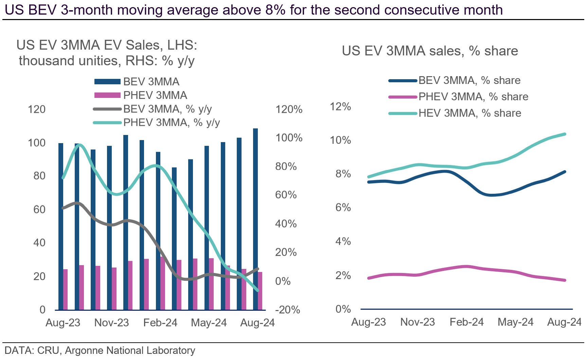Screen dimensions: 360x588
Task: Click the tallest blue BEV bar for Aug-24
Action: pos(255,219)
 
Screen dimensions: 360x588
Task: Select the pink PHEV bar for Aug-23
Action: pos(65,289)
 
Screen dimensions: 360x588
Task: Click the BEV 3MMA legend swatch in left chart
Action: pos(107,82)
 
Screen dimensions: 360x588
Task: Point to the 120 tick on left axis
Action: pos(37,109)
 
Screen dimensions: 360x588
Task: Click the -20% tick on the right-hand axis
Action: pos(287,310)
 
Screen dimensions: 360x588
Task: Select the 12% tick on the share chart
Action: pos(340,107)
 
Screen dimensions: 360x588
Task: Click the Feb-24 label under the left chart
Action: pos(160,322)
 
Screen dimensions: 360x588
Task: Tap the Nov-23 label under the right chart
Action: pos(417,322)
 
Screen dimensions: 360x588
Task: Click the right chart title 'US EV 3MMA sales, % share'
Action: pos(430,51)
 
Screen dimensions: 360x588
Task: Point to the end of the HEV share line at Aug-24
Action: pos(565,134)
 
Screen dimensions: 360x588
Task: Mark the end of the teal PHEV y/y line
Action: pos(258,290)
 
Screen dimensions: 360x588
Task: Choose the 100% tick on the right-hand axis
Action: pos(289,138)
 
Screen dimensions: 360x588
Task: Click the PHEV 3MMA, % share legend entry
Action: pos(473,97)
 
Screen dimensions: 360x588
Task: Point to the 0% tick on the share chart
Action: pos(343,309)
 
